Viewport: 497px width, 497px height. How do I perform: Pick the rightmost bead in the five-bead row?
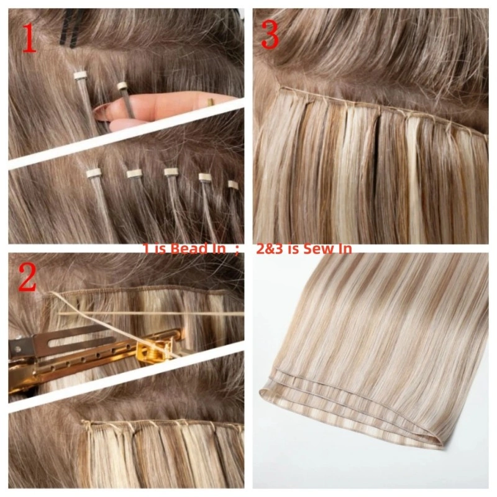233,185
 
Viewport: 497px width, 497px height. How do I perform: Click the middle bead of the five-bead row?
171,172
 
